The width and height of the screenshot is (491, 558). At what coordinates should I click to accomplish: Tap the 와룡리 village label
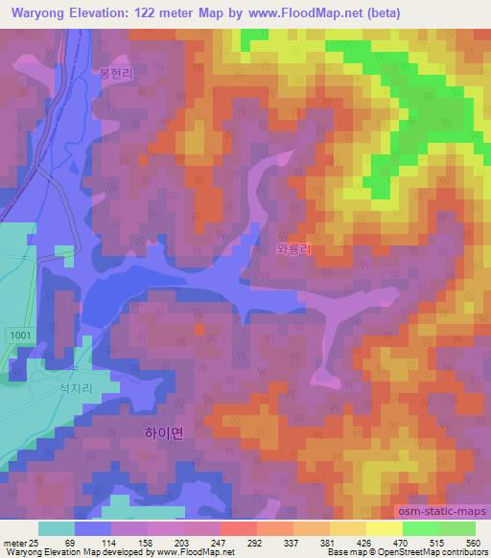tap(294, 247)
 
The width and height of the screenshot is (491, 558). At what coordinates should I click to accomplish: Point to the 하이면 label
tap(163, 432)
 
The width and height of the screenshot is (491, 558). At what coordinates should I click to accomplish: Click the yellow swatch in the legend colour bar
tap(384, 528)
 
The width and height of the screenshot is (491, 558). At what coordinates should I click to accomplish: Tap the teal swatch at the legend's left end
tap(56, 528)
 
